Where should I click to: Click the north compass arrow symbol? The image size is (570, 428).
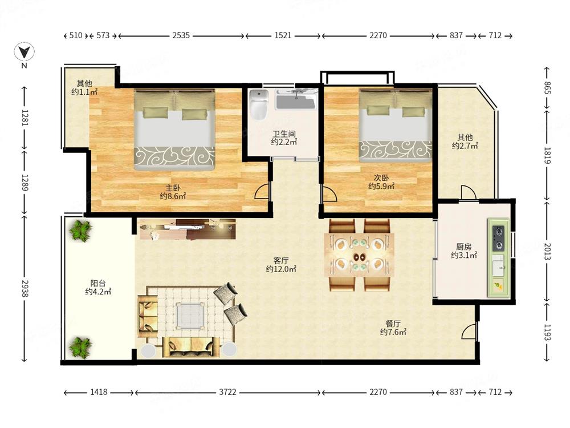pos(25,52)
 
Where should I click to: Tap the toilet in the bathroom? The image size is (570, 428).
pos(259,104)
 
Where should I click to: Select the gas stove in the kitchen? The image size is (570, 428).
pos(498,239)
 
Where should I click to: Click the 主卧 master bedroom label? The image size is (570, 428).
pos(173,188)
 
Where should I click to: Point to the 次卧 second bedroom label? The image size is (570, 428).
pos(381,178)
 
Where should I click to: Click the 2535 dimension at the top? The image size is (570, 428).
pos(181,35)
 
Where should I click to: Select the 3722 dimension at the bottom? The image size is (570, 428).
pos(227,392)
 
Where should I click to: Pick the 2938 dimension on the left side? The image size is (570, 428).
pos(25,288)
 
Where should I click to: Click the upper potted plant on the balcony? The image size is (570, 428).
pos(81,231)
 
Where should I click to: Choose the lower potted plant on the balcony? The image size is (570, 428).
pos(80,348)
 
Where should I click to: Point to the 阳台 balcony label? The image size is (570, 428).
pos(98,283)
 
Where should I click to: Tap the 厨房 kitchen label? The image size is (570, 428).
pos(464,247)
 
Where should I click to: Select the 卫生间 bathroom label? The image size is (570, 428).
pos(284,134)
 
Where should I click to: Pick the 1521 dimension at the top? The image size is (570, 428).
pos(283,35)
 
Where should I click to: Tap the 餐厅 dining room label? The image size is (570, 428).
pos(393,324)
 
